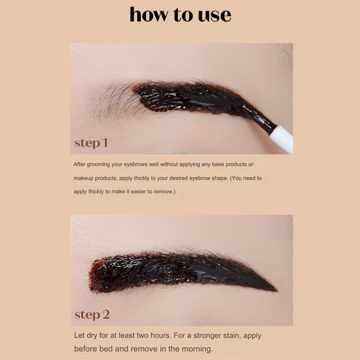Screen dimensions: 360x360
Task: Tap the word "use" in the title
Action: point(214,15)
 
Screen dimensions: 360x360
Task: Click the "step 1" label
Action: point(91,143)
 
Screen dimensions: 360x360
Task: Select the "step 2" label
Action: point(92,314)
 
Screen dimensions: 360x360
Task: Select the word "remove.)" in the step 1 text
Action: point(163,192)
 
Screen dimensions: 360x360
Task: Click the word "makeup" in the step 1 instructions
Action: point(84,178)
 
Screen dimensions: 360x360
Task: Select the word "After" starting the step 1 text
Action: point(80,165)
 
